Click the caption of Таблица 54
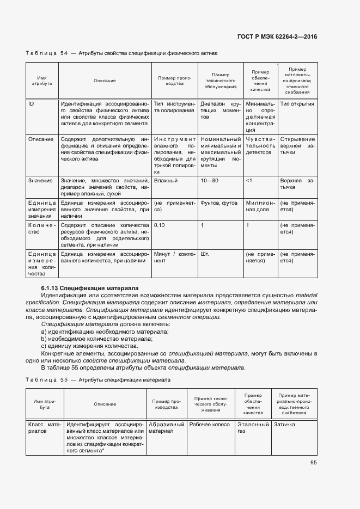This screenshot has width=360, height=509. (121, 54)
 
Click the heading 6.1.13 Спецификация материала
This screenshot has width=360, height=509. (90, 287)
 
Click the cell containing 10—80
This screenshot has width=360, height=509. (210, 180)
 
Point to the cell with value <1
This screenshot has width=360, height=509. (249, 180)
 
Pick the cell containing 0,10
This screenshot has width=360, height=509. (160, 225)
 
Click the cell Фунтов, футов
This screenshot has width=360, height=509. (218, 203)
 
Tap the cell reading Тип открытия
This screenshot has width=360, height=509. (297, 104)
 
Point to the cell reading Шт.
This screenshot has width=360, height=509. (205, 254)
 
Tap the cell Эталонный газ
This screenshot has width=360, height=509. (253, 427)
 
